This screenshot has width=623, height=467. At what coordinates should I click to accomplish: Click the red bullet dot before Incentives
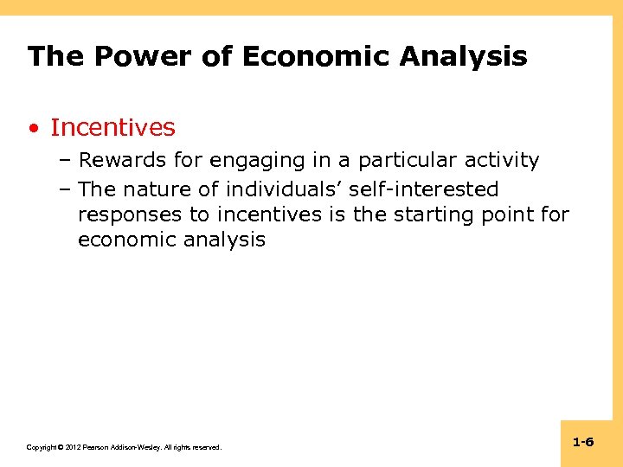coord(32,129)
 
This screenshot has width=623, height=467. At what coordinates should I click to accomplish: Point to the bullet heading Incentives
coord(112,128)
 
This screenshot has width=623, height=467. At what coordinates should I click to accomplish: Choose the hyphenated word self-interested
coord(423,189)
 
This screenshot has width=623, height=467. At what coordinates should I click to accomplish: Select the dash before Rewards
coord(67,161)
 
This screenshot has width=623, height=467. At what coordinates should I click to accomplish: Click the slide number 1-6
coord(582,442)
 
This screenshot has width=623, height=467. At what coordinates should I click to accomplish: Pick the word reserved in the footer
coord(206,447)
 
